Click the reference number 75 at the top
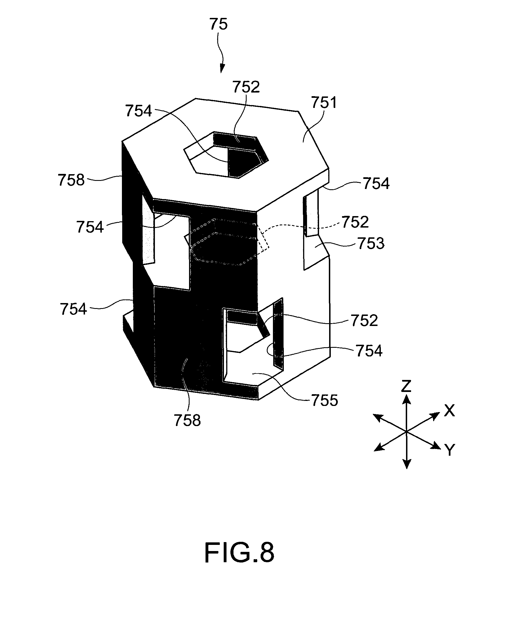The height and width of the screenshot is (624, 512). pyautogui.click(x=219, y=24)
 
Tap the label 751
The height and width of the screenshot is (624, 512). pyautogui.click(x=324, y=103)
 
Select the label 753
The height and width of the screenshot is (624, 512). pyautogui.click(x=371, y=244)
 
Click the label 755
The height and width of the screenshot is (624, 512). pyautogui.click(x=324, y=400)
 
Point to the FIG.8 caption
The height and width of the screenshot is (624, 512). pyautogui.click(x=239, y=553)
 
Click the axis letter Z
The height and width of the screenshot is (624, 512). pyautogui.click(x=406, y=386)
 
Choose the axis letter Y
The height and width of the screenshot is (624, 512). pyautogui.click(x=449, y=450)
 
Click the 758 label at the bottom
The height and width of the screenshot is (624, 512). pyautogui.click(x=187, y=420)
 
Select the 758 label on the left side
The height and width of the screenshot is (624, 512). pyautogui.click(x=71, y=180)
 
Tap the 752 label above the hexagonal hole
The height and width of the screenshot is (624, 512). pyautogui.click(x=246, y=87)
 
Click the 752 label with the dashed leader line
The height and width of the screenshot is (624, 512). pyautogui.click(x=355, y=222)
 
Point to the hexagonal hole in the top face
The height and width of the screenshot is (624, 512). pyautogui.click(x=226, y=155)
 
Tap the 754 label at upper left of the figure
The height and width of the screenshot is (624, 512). pyautogui.click(x=138, y=111)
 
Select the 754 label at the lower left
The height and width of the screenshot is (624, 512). pyautogui.click(x=74, y=309)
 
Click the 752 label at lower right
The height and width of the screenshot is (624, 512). pyautogui.click(x=364, y=321)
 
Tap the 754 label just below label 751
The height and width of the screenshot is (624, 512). pyautogui.click(x=376, y=183)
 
